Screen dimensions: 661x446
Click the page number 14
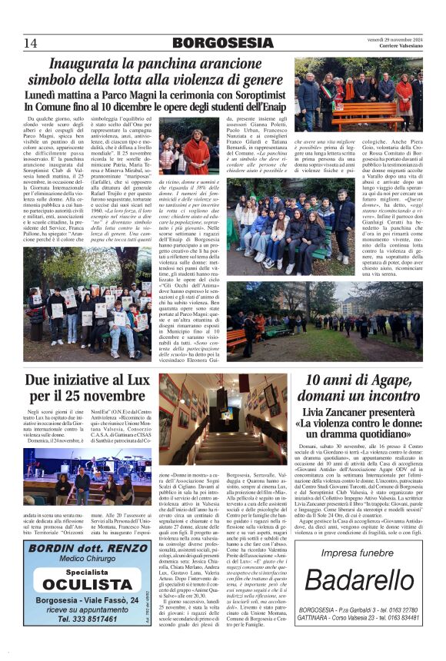tap(30, 42)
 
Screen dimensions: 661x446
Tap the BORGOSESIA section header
tap(223, 43)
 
